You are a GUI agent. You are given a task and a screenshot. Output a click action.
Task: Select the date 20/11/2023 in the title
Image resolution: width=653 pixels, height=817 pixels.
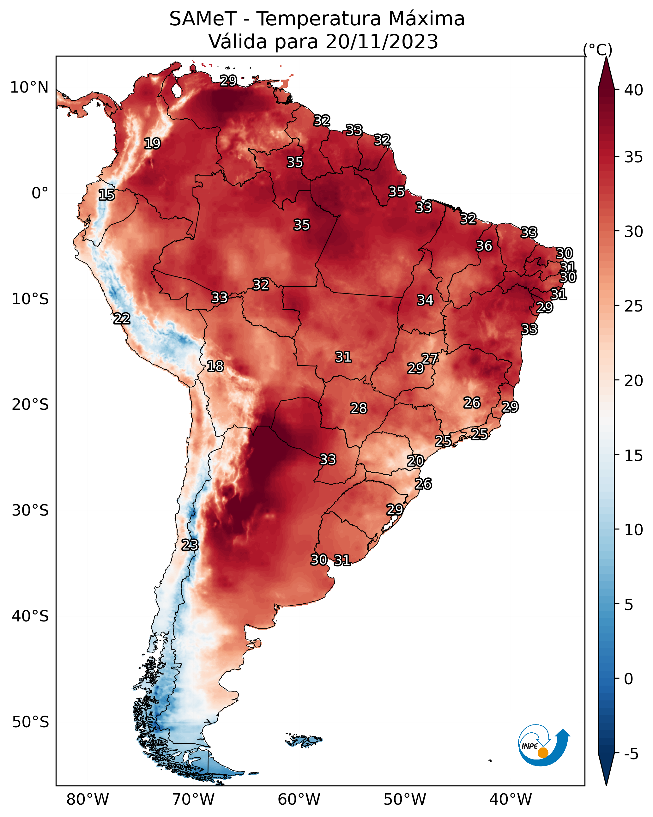click(382, 42)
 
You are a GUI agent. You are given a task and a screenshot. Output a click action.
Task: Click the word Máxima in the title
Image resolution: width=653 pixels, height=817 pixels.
click(426, 19)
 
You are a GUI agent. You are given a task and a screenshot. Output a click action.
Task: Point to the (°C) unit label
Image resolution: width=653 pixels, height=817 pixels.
click(597, 50)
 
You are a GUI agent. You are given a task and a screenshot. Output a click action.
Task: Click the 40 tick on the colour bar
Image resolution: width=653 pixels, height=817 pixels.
click(633, 90)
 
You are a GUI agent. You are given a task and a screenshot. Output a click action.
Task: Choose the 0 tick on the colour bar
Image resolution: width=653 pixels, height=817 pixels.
click(628, 679)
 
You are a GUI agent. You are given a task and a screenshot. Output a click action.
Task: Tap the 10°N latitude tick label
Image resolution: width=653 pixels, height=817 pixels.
click(29, 88)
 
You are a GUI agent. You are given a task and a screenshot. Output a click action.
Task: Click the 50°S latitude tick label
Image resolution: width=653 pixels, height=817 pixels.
click(30, 722)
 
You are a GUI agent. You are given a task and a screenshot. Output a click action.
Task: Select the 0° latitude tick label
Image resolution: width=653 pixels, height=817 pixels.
click(40, 193)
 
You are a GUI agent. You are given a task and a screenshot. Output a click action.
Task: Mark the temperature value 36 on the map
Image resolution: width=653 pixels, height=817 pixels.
click(484, 246)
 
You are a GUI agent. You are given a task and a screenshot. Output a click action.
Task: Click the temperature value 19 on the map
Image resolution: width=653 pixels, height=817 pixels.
click(152, 144)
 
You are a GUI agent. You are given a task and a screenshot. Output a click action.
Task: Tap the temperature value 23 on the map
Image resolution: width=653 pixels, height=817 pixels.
click(190, 545)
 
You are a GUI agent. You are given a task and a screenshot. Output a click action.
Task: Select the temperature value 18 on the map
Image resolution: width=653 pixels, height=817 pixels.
click(215, 366)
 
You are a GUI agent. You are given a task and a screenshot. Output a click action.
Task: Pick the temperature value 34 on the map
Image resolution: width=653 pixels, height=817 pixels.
click(425, 300)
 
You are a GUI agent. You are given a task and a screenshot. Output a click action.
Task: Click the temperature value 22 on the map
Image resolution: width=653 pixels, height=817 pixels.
click(122, 319)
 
